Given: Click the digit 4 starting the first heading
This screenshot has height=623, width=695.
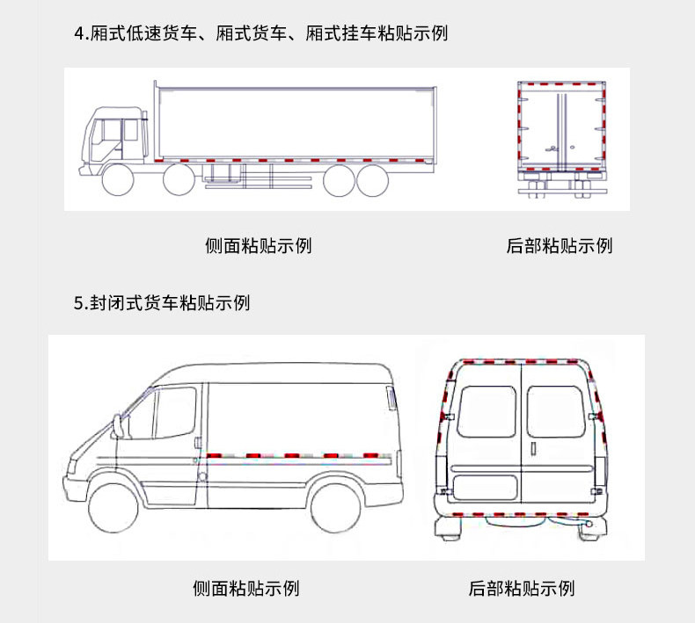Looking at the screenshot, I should pyautogui.click(x=80, y=34).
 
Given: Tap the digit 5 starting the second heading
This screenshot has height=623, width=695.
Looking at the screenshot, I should pyautogui.click(x=79, y=303).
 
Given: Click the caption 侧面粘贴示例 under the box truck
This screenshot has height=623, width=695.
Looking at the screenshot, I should pyautogui.click(x=258, y=245).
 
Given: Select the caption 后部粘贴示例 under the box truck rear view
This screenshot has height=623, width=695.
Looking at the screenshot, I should pyautogui.click(x=560, y=245).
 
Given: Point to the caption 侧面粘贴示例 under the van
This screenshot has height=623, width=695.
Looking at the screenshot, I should pyautogui.click(x=246, y=588).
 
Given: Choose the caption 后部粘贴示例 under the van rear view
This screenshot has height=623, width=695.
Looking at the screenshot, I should pyautogui.click(x=522, y=588).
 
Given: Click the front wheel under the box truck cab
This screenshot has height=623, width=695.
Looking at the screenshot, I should pyautogui.click(x=117, y=180).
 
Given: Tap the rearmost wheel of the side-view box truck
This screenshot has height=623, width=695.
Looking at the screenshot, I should pyautogui.click(x=375, y=179).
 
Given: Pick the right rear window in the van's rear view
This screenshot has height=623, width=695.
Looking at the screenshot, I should pyautogui.click(x=553, y=411).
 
